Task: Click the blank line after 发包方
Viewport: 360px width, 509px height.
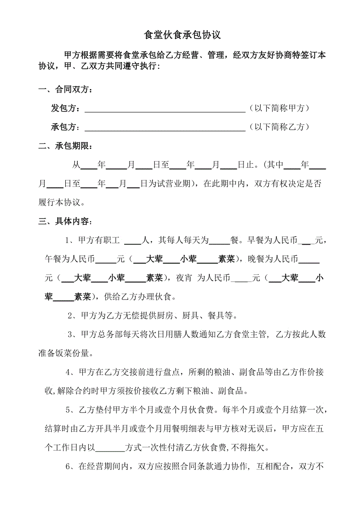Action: [165, 109]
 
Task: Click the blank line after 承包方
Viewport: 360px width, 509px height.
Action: [165, 128]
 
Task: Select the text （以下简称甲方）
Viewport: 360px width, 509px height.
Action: [279, 108]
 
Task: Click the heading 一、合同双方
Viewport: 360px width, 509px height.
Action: [66, 90]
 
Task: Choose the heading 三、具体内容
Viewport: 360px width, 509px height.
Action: [66, 222]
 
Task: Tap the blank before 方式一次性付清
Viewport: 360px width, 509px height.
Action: [110, 448]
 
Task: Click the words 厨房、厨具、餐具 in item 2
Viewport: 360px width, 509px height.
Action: [203, 316]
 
